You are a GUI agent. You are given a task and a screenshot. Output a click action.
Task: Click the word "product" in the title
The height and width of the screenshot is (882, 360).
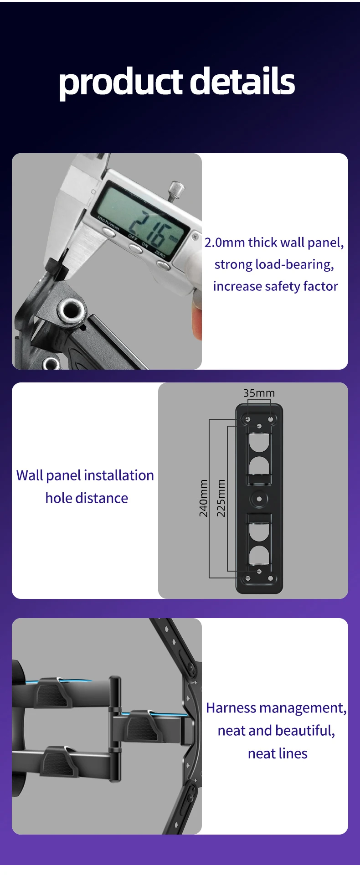121,83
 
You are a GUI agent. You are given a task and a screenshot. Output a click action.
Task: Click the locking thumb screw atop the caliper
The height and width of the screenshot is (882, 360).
176,191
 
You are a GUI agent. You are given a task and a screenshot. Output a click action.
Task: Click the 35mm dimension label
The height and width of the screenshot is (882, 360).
259,393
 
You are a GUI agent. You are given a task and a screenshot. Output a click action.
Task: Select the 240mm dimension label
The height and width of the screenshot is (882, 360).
204,498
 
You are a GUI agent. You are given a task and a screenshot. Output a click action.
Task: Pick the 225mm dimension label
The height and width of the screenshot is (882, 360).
221,498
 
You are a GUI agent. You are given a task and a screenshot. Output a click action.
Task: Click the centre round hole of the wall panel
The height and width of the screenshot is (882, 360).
259,499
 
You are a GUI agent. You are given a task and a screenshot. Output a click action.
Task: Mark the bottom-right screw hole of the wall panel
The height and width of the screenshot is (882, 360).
271,578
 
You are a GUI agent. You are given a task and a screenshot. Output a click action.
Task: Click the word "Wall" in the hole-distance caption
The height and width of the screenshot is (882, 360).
30,475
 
